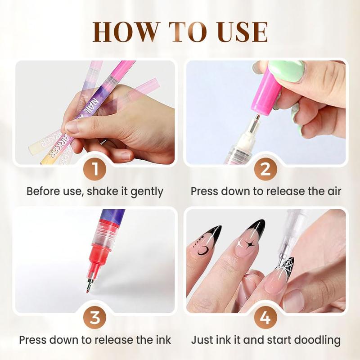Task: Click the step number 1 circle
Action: pos(94,170)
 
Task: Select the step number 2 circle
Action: pos(265,170)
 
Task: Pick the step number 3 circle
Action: pos(94,318)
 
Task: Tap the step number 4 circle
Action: pos(265,318)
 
